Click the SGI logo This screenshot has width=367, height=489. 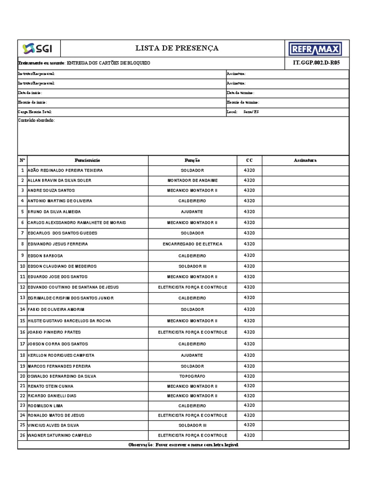pyautogui.click(x=38, y=49)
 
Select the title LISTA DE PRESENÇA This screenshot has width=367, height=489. pyautogui.click(x=177, y=48)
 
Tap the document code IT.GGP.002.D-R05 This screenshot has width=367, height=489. pyautogui.click(x=316, y=63)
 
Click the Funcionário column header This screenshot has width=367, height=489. pyautogui.click(x=87, y=160)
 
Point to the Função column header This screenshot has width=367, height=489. pyautogui.click(x=192, y=160)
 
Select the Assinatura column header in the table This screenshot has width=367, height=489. pyautogui.click(x=305, y=160)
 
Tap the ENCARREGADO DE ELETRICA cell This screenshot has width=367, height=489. pyautogui.click(x=192, y=244)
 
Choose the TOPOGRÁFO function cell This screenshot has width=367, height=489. pyautogui.click(x=192, y=376)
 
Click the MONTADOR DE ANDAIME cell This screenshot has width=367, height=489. pyautogui.click(x=192, y=181)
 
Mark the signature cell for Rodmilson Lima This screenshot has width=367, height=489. pyautogui.click(x=305, y=405)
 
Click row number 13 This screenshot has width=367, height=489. pyautogui.click(x=22, y=298)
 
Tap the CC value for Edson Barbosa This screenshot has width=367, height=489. pyautogui.click(x=249, y=255)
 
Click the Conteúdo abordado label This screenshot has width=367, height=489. pyautogui.click(x=36, y=120)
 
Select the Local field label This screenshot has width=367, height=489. pyautogui.click(x=232, y=112)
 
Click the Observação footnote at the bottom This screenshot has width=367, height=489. pyautogui.click(x=183, y=445)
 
